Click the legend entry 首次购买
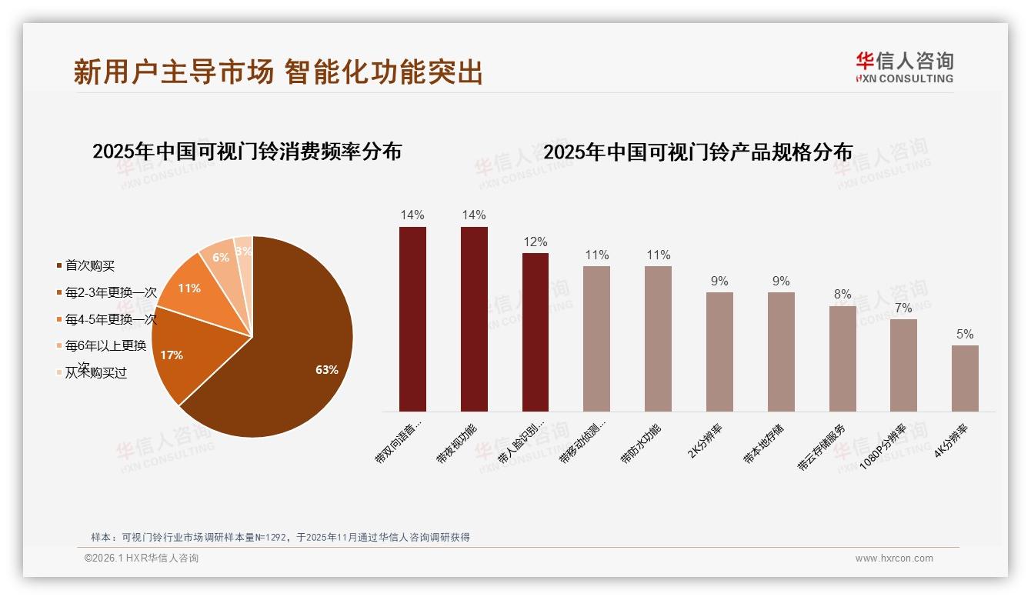89,265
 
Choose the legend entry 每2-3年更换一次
111,292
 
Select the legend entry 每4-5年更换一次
111,319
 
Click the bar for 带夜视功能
474,319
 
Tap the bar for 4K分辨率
965,378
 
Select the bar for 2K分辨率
719,352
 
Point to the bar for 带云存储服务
842,358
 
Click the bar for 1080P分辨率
903,365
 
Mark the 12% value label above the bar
536,242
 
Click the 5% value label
965,334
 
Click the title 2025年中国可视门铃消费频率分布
247,151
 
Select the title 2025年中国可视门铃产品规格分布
698,152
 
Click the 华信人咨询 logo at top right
904,67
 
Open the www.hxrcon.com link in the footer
894,558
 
